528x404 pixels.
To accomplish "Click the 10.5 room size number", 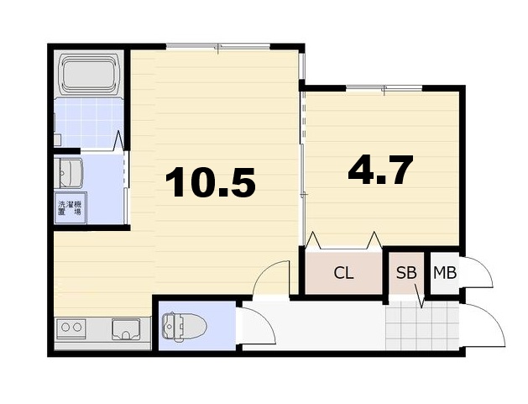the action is click(210, 182).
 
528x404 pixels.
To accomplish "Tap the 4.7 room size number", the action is click(380, 171).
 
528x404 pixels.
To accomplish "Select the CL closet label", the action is click(343, 273).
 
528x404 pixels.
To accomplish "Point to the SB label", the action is click(406, 273).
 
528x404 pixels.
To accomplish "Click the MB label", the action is click(445, 273).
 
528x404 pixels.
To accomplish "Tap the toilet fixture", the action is click(184, 326).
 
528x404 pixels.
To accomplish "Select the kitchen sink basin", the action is click(126, 329).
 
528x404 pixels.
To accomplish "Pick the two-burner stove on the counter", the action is click(71, 328).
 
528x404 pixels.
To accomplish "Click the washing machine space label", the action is click(70, 208).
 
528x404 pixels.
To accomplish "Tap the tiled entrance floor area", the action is click(422, 325).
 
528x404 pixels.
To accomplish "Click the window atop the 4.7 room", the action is click(384, 88).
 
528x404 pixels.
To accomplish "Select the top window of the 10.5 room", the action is click(218, 46).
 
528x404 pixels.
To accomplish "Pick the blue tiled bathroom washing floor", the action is click(88, 123).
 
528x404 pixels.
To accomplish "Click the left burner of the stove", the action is click(65, 327).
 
